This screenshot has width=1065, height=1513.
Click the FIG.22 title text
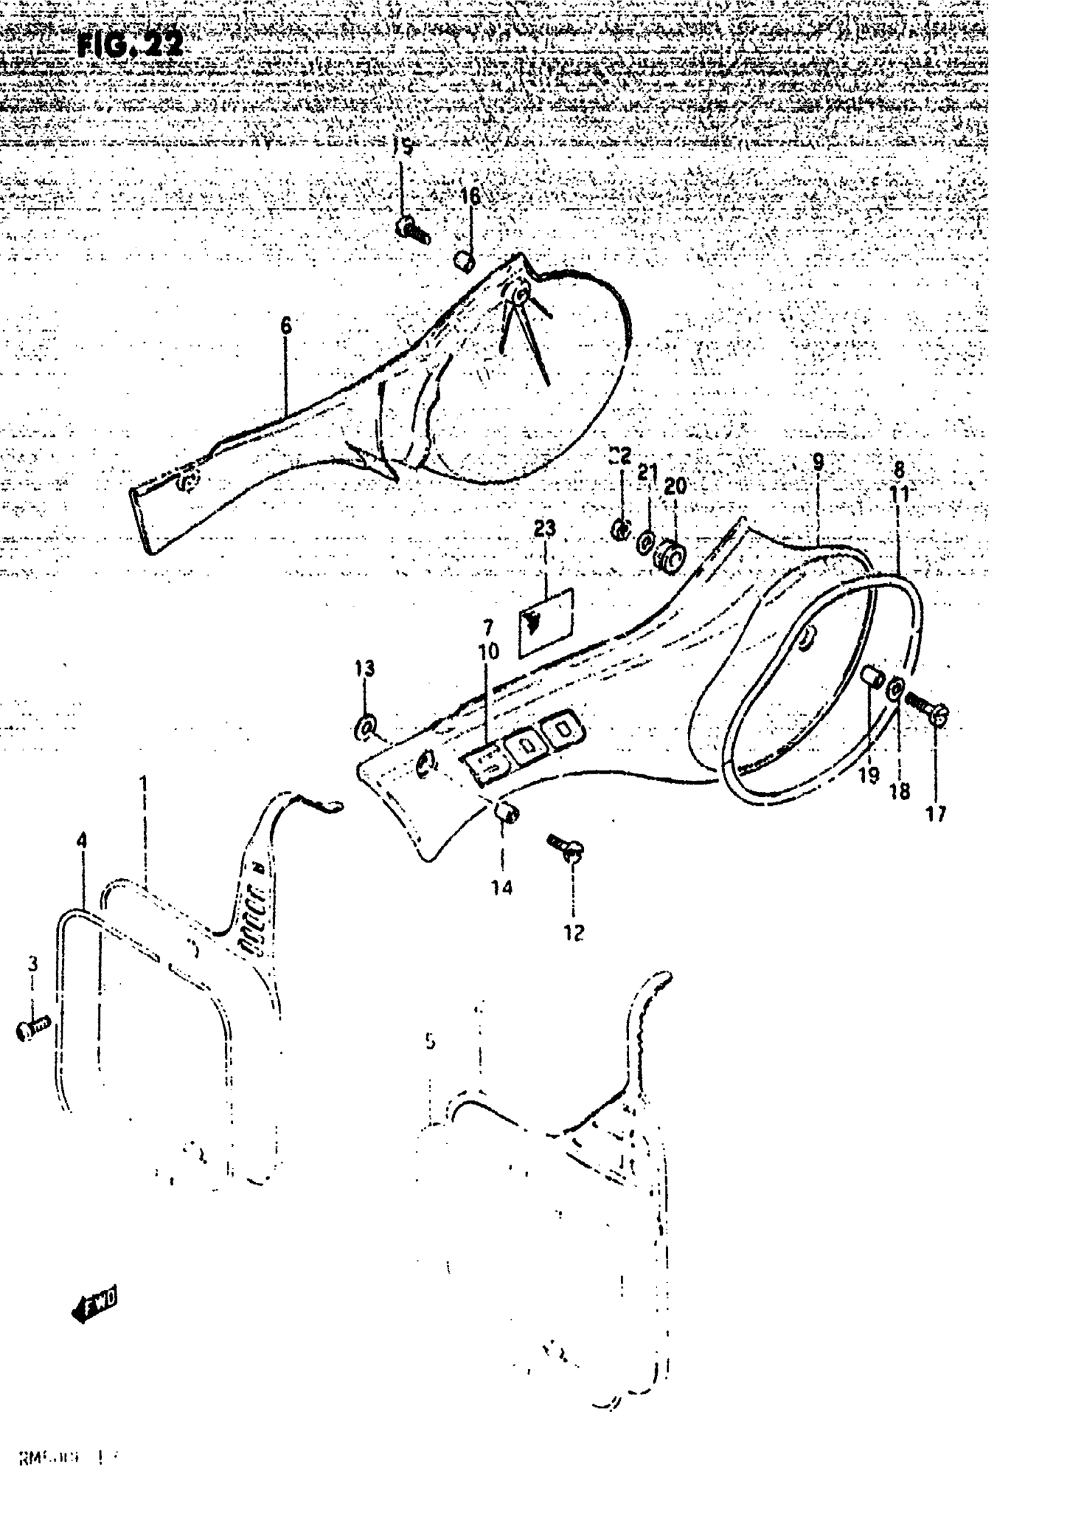tap(129, 46)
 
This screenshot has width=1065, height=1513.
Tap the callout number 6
tap(286, 326)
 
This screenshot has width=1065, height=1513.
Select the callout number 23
tap(544, 529)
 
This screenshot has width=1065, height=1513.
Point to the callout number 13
tap(365, 668)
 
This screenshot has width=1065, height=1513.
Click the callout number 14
tap(502, 888)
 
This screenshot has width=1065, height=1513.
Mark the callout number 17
tap(936, 815)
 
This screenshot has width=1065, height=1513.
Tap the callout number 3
tap(33, 965)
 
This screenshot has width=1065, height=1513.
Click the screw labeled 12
tap(565, 846)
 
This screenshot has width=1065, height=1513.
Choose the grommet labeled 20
tap(670, 557)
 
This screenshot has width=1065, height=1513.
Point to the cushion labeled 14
tap(506, 814)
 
